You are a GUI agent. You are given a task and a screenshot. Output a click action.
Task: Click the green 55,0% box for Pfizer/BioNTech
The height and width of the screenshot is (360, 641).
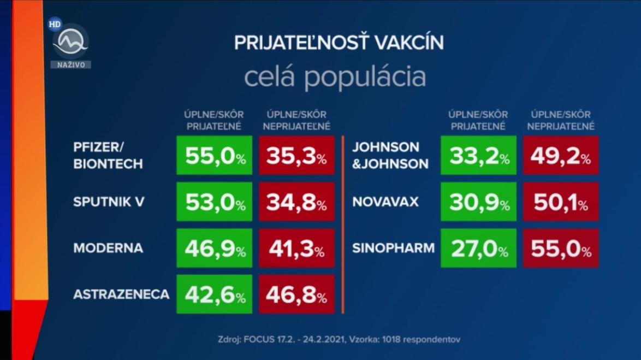(215, 155)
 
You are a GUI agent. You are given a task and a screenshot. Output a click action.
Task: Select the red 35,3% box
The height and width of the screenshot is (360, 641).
(297, 155)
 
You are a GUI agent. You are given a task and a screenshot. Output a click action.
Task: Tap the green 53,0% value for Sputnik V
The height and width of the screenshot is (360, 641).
(215, 202)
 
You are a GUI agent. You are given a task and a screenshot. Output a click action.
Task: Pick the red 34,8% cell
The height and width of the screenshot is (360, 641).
(297, 202)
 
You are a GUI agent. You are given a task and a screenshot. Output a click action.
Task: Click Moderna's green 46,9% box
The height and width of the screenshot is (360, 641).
(215, 248)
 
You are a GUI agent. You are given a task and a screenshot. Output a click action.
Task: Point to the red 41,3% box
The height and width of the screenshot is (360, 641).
(297, 248)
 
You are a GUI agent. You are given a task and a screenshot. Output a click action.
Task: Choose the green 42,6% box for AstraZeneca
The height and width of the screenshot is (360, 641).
(215, 294)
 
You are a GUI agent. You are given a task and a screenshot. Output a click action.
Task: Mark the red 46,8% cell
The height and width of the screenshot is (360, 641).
(297, 294)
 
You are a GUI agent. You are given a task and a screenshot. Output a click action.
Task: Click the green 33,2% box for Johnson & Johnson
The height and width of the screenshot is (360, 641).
(479, 155)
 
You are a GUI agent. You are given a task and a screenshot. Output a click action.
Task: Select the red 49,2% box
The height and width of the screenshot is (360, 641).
(561, 155)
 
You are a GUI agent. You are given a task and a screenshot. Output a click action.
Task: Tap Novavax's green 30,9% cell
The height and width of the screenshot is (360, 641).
(479, 202)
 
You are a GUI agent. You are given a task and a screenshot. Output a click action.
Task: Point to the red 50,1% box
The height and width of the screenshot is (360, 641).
(561, 202)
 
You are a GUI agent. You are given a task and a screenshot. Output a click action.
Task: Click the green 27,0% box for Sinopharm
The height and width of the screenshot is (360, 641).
(479, 248)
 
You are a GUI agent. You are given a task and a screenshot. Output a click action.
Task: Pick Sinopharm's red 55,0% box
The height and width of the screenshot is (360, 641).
(561, 248)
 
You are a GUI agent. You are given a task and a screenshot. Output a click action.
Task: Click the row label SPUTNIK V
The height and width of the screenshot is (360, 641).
(109, 202)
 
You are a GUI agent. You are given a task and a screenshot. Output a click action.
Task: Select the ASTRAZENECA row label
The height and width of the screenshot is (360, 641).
(121, 294)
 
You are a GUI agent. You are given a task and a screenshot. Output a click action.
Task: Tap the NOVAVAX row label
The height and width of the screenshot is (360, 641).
(385, 202)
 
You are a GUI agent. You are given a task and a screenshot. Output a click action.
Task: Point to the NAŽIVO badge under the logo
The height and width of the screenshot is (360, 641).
(71, 64)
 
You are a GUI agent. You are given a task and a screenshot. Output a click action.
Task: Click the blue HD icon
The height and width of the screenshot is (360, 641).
(54, 23)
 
